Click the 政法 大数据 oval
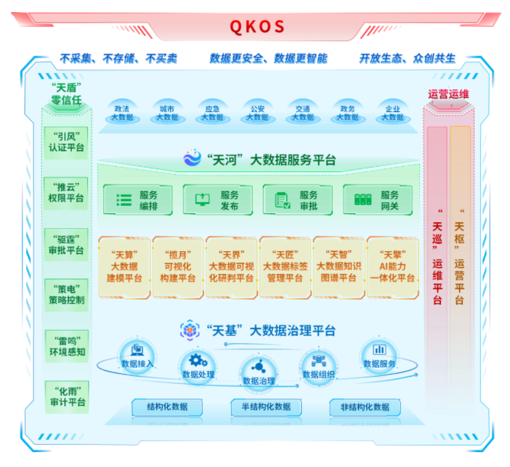coord(122,113)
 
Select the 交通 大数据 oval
coord(303,113)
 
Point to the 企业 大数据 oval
coord(392,113)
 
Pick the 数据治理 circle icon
coord(258,367)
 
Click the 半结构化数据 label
coord(261,407)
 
